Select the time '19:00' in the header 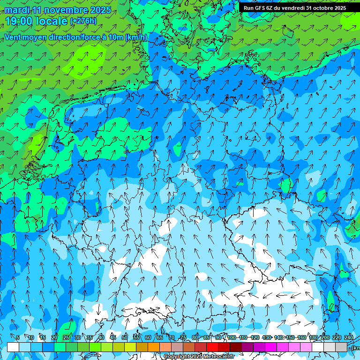19,21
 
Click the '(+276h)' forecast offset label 83,21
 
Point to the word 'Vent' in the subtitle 14,37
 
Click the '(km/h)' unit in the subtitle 136,37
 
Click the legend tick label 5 18,337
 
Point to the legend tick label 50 124,337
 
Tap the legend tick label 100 231,337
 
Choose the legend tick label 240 349,337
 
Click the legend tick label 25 66,337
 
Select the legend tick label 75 183,337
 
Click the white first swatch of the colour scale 13,347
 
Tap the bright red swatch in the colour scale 212,347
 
